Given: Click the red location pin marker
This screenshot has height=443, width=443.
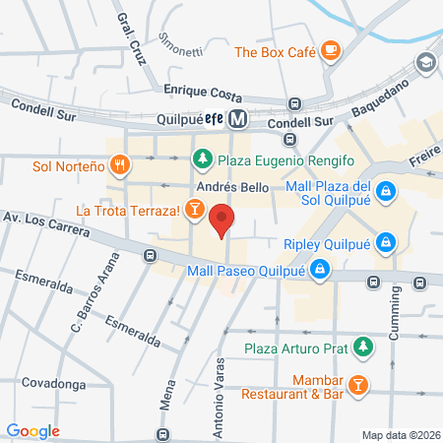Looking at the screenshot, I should tap(221, 221).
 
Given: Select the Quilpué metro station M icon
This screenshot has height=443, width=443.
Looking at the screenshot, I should tap(237, 119).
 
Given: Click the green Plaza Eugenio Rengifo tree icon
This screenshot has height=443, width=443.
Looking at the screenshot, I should tap(202, 158).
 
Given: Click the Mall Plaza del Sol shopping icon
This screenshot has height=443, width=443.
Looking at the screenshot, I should tap(387, 190).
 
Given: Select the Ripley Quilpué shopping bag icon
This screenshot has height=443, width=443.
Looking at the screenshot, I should tap(387, 240).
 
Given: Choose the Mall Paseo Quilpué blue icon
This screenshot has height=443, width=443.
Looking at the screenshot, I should tap(320, 267).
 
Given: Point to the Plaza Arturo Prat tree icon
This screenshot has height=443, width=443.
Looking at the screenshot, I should tap(364, 347).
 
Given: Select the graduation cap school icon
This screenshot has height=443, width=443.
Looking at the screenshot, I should tap(424, 62).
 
